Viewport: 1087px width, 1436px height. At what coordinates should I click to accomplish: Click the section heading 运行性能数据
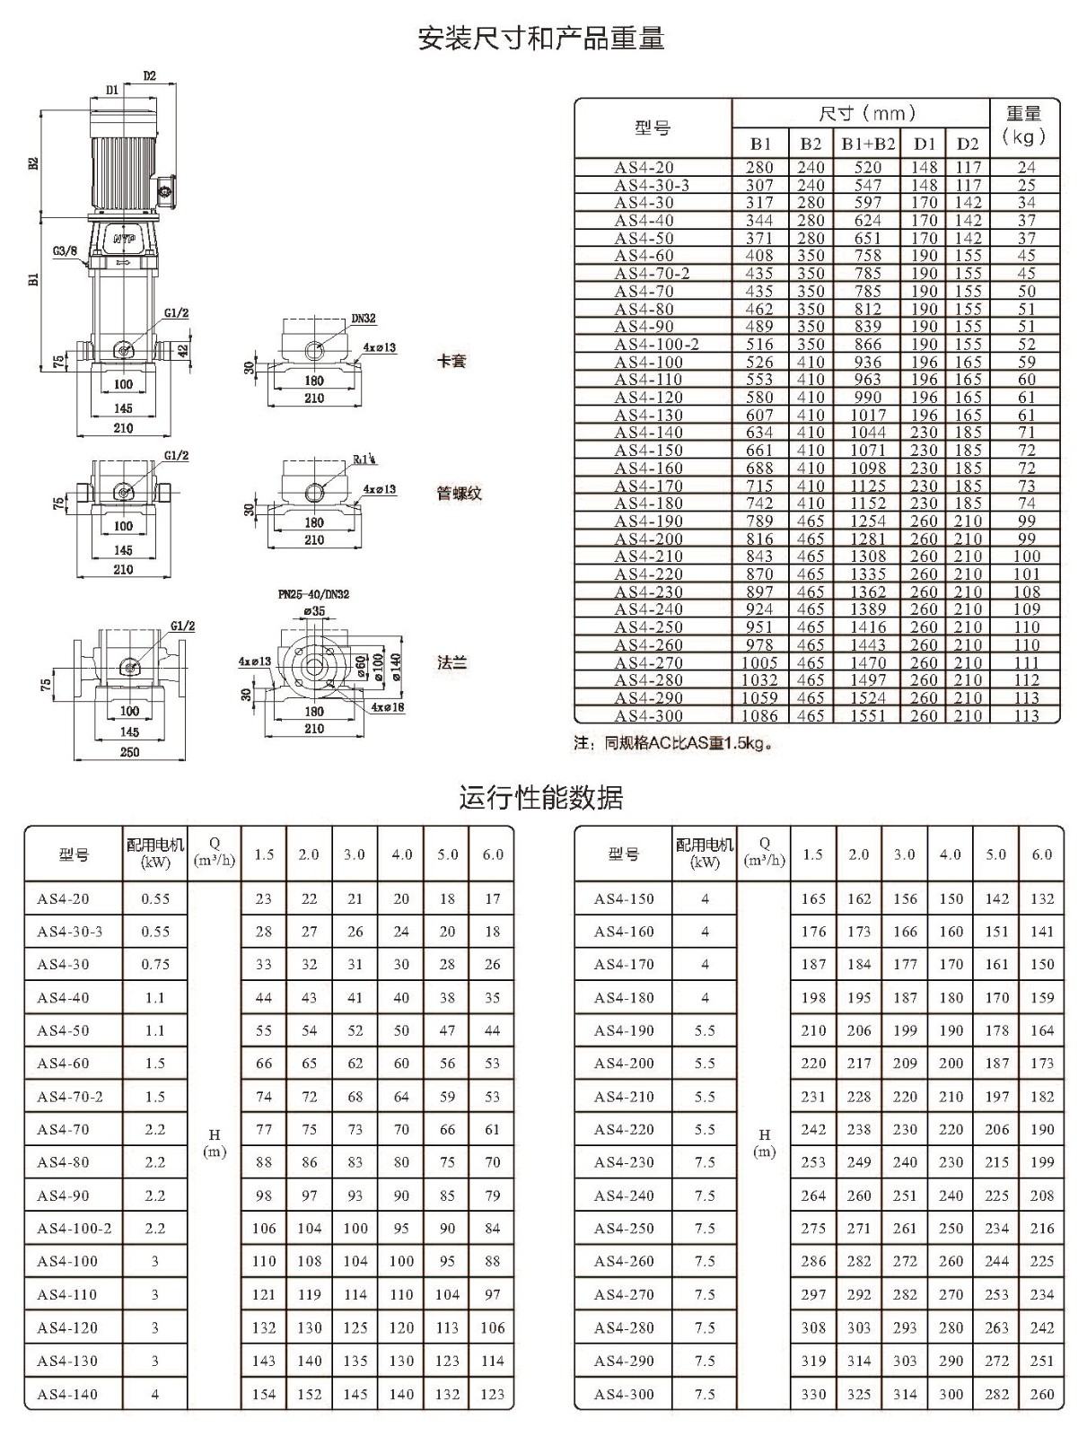(x=541, y=798)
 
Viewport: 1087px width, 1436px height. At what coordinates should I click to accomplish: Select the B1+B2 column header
(x=868, y=144)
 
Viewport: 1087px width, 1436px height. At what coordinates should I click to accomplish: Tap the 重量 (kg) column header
(x=1023, y=126)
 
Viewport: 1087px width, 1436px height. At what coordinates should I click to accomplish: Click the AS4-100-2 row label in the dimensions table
(x=656, y=344)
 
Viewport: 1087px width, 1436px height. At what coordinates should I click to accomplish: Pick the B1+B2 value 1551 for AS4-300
(x=868, y=715)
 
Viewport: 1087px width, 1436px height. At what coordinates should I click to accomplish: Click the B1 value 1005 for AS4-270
(x=760, y=662)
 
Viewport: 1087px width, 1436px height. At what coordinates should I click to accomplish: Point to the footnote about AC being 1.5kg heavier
(x=673, y=744)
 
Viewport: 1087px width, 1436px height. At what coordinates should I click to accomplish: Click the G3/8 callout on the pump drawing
(x=65, y=250)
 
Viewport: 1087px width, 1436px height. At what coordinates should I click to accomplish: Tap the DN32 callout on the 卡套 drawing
(x=364, y=319)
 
